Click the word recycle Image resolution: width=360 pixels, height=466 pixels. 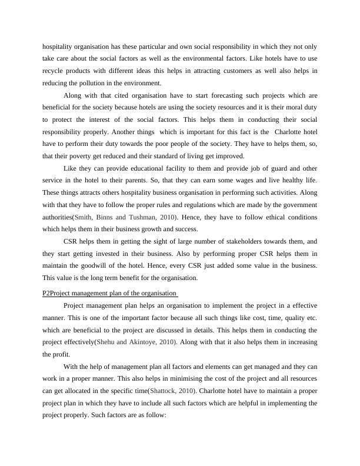pos(52,71)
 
